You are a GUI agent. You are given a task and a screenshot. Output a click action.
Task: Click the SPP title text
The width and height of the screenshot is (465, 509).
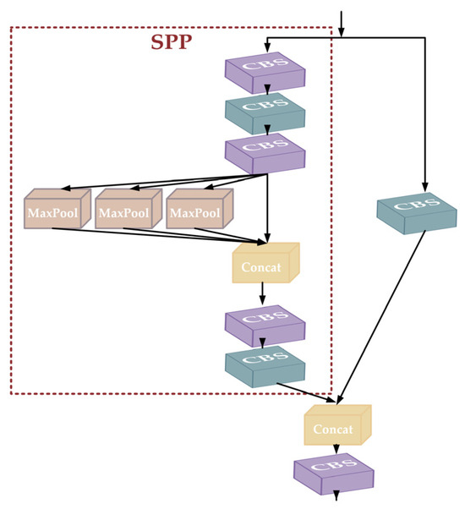[x=172, y=43]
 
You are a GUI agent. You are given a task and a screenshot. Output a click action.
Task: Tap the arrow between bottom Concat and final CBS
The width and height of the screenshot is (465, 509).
[x=336, y=450]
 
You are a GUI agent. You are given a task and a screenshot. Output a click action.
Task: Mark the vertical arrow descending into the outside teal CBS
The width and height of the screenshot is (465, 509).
[x=424, y=118]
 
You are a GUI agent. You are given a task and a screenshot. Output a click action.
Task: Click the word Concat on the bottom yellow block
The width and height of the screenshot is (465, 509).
[x=333, y=430]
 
